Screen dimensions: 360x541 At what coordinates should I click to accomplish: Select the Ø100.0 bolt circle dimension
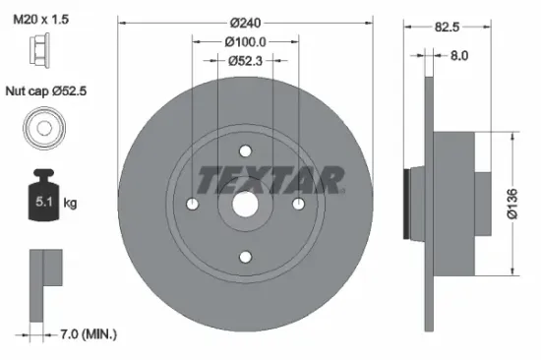pyautogui.click(x=245, y=43)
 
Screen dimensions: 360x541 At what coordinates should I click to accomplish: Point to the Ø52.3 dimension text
pyautogui.click(x=245, y=61)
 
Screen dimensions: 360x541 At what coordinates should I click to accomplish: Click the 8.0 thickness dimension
pyautogui.click(x=458, y=57)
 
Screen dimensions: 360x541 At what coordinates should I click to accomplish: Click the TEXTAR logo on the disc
pyautogui.click(x=270, y=180)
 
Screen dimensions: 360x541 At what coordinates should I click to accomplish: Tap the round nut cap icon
pyautogui.click(x=42, y=129)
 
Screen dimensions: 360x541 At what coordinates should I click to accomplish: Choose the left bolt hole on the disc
pyautogui.click(x=192, y=204)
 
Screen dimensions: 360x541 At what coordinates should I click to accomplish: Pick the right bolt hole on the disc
pyautogui.click(x=299, y=204)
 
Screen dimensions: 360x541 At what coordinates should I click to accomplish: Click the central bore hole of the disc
pyautogui.click(x=245, y=204)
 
